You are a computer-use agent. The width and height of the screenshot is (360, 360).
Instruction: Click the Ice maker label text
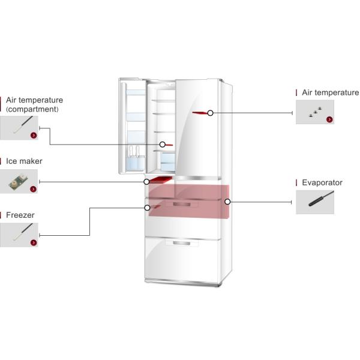pos(24,161)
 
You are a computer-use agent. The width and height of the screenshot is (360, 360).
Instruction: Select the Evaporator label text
pos(322,182)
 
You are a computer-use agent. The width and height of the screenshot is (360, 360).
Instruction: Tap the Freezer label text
pos(20,215)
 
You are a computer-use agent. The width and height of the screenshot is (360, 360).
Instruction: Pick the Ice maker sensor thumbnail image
pos(19,181)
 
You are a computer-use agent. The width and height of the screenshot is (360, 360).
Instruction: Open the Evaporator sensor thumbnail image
pos(314,202)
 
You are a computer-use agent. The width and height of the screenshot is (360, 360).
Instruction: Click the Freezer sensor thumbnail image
pos(19,235)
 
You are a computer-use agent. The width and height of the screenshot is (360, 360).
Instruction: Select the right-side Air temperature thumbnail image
pos(314,112)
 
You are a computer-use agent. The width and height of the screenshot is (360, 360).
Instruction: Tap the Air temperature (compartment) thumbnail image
pos(19,128)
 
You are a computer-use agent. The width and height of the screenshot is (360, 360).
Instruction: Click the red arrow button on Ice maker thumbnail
pos(33,189)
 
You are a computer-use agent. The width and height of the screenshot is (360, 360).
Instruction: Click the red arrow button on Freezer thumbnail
pos(33,242)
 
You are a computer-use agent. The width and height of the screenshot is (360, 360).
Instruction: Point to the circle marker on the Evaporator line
pos(227,202)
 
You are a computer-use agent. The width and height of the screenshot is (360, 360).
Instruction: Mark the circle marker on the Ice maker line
pos(146,181)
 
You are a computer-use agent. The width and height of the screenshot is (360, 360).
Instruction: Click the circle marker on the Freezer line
pos(147,208)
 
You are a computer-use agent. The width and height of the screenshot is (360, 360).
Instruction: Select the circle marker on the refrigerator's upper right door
pos(210,113)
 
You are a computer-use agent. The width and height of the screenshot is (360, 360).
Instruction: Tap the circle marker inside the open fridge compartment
pos(162,145)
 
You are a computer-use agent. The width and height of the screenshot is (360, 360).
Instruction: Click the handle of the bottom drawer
pos(182,242)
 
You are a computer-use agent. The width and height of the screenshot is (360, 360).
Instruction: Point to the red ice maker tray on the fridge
pos(161,179)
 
